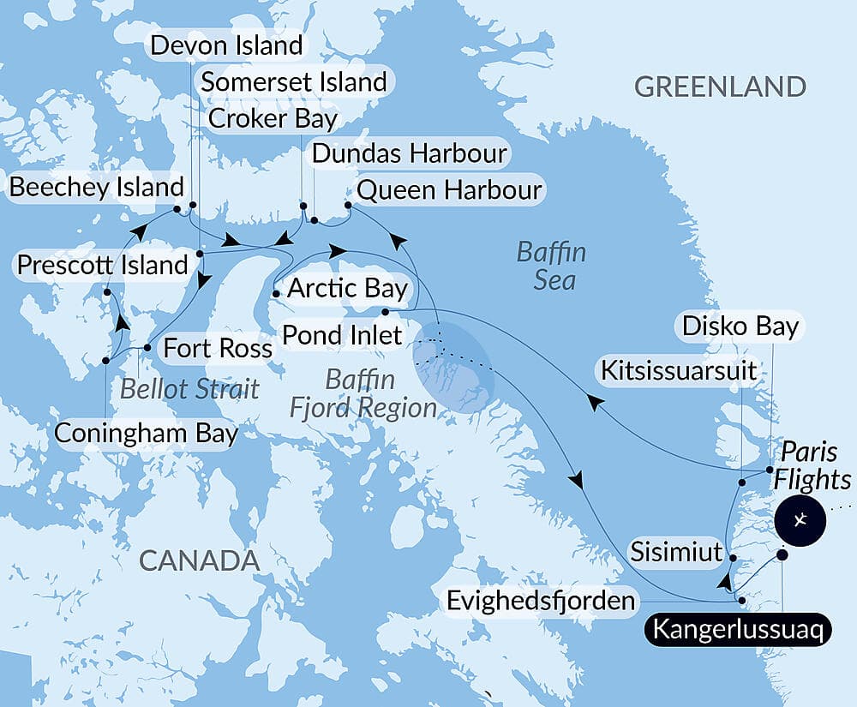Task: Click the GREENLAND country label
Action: point(720,87)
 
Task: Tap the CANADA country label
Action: point(199,560)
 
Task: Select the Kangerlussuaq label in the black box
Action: point(738,630)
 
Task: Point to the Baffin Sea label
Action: point(553,266)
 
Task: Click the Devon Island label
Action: point(226,45)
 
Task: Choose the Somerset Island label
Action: point(294,82)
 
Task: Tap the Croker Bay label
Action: point(273,118)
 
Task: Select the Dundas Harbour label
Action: point(410,154)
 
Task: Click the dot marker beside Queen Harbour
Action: point(348,206)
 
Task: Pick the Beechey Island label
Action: point(96,187)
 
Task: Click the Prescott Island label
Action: point(103,265)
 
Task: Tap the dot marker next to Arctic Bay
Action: point(275,294)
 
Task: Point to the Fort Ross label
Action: point(218,349)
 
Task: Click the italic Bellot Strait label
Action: point(189,388)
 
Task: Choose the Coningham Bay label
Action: point(146,433)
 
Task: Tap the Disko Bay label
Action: point(740,327)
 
